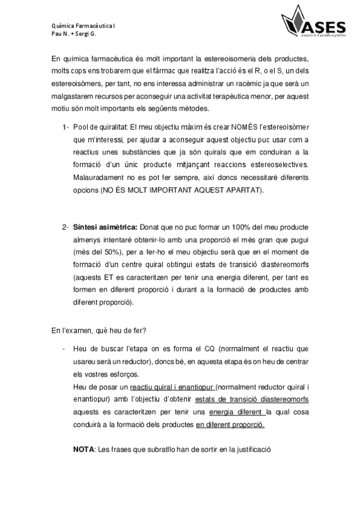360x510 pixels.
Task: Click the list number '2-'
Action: point(65,227)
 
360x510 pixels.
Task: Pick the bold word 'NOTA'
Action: point(84,449)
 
